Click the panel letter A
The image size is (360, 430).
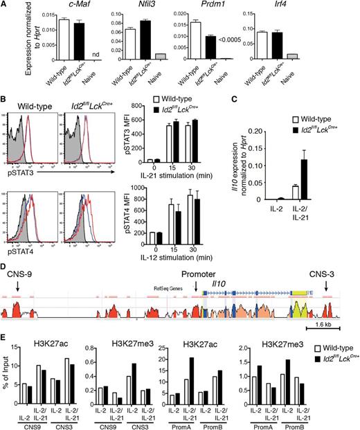(x=5, y=6)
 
